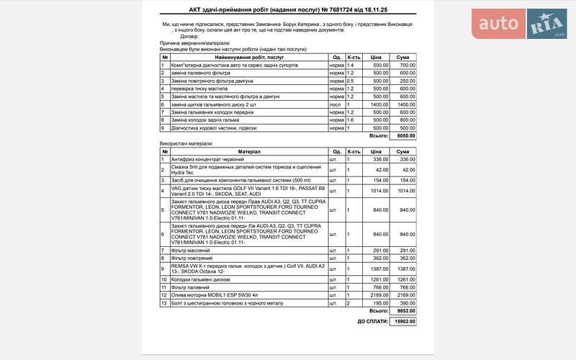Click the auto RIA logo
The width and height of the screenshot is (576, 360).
pos(519,24)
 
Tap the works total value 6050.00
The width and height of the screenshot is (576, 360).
pos(406,135)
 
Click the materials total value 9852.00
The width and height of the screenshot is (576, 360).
pos(406,311)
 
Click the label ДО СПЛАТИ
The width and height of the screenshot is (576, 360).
pos(372,321)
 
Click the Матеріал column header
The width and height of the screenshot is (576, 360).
pos(248,151)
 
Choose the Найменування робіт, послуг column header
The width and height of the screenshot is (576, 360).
pos(248,57)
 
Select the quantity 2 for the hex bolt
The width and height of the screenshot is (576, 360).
pos(348,303)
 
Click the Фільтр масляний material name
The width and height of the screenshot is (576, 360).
pos(192,250)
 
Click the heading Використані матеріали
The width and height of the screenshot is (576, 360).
pos(186,144)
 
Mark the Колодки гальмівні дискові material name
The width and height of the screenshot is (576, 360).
pos(201,279)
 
